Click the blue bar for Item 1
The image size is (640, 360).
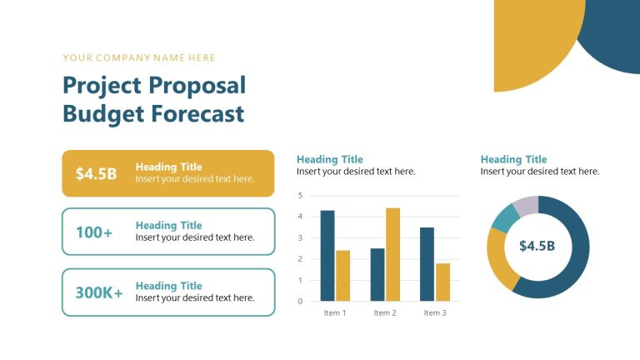pos(327,256)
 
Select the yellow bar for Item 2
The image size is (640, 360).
pos(392,254)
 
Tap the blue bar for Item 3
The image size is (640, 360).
pos(427,264)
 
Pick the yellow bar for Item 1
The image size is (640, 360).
pos(342,276)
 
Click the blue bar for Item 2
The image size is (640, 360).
pos(377,274)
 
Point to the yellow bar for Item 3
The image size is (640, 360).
pos(442,282)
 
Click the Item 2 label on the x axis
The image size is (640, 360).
pos(384,313)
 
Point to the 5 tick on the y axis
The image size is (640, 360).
pos(300,196)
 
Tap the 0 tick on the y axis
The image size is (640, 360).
pos(300,302)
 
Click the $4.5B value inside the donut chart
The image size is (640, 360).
pos(537,246)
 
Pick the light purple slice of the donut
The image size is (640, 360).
pos(527,205)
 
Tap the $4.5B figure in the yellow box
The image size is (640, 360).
pos(96,173)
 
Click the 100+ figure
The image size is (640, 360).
pos(94,232)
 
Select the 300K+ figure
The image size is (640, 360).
pos(99,292)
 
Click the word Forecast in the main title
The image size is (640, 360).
pos(197,113)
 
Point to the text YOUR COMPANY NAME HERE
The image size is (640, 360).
pos(139,58)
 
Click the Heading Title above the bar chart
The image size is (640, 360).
pos(330,159)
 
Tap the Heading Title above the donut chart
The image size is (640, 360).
pos(514,159)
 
